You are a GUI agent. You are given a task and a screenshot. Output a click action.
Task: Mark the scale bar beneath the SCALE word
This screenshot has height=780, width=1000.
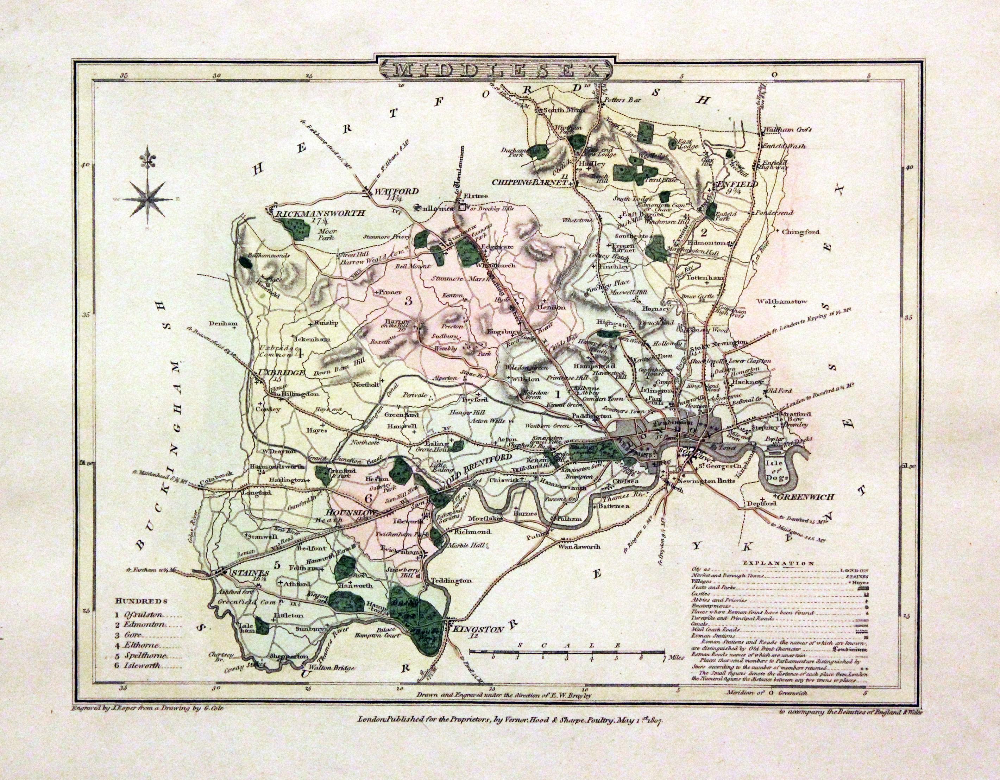pyautogui.click(x=567, y=651)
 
